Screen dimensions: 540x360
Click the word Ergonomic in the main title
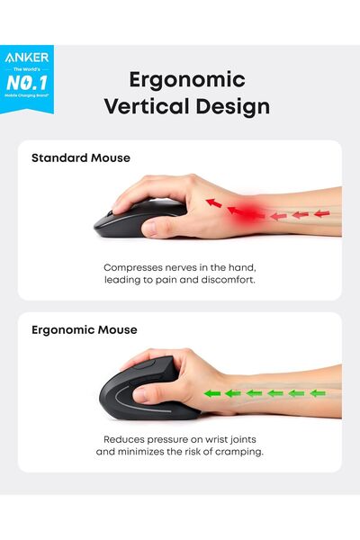pyautogui.click(x=187, y=79)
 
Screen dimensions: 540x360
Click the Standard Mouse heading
pyautogui.click(x=81, y=157)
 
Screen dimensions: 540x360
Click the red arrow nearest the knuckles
pyautogui.click(x=213, y=202)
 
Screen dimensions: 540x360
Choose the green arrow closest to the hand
pyautogui.click(x=212, y=392)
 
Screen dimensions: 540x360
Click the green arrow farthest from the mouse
pyautogui.click(x=317, y=392)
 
